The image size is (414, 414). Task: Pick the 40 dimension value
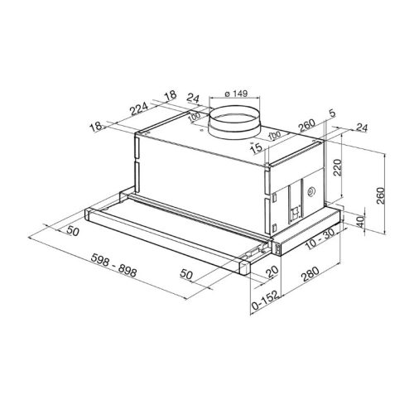360,221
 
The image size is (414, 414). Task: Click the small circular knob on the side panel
310,192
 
